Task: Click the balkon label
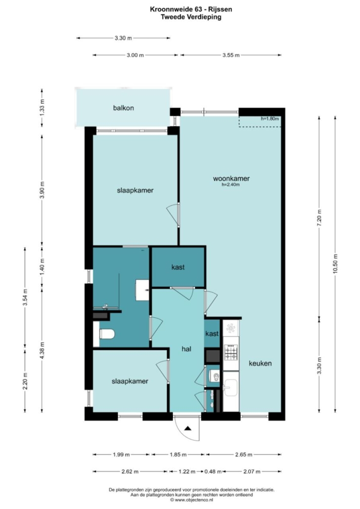click(124, 108)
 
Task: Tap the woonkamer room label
click(231, 178)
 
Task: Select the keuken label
click(260, 363)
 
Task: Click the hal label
click(186, 349)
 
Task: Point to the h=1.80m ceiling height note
click(270, 119)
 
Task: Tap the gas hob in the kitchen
click(231, 352)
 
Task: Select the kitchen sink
click(231, 387)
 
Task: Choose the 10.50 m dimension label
click(335, 263)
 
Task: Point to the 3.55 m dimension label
click(231, 55)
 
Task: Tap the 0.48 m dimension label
click(213, 471)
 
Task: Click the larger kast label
click(178, 267)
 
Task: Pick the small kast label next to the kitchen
click(212, 334)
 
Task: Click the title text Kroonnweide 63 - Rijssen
click(191, 9)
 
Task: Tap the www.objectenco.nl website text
click(191, 500)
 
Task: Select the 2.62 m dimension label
click(130, 471)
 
